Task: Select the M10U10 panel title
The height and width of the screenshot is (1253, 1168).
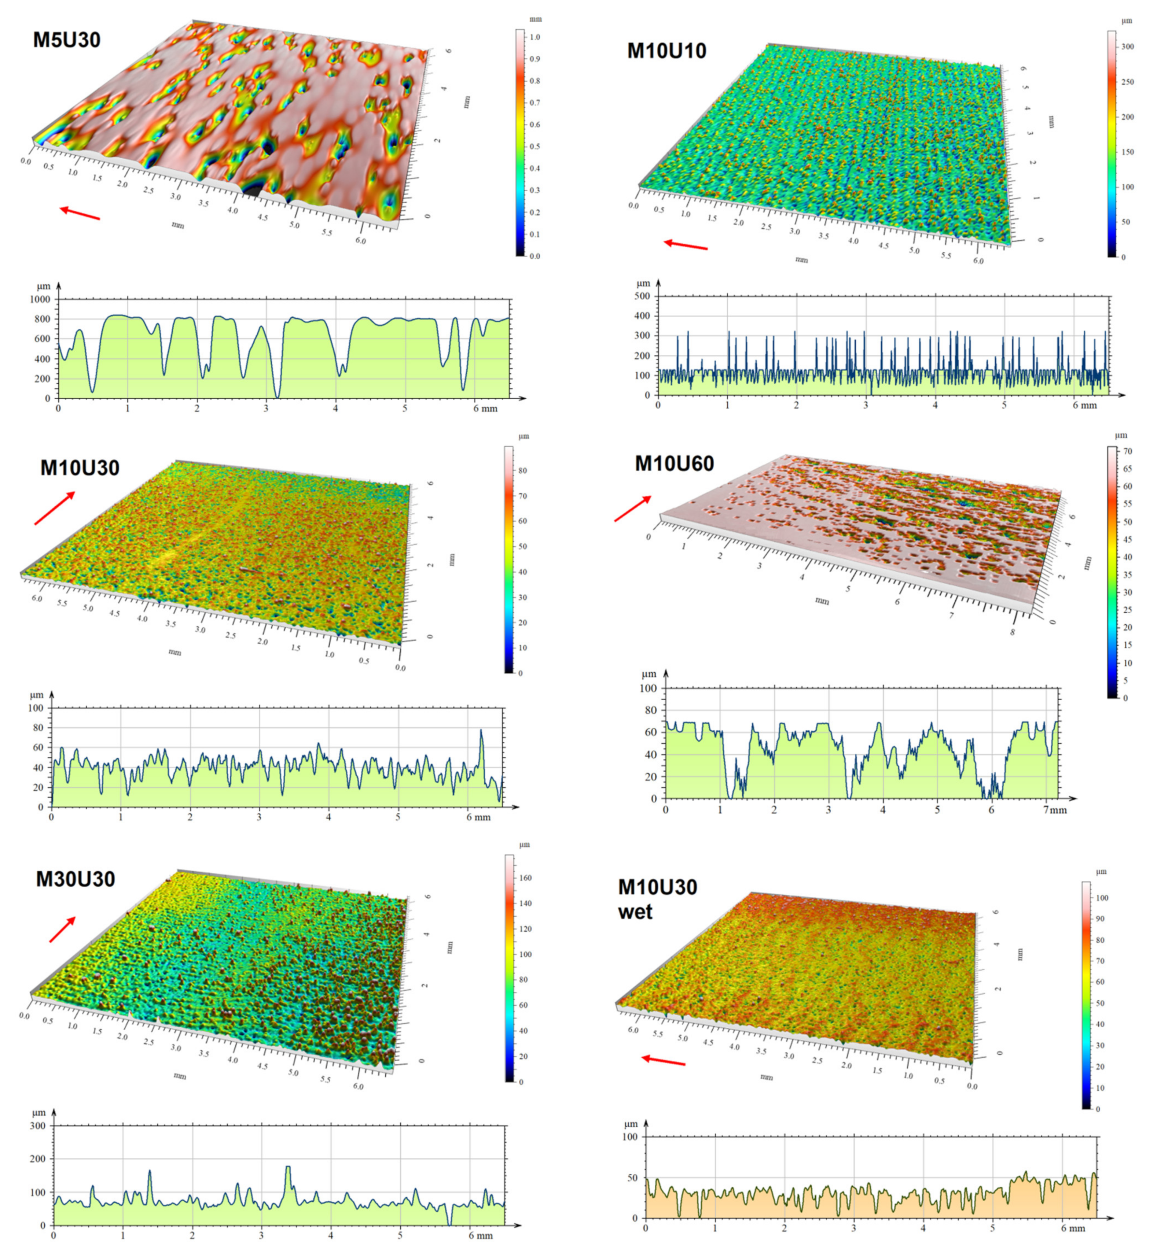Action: [x=666, y=51]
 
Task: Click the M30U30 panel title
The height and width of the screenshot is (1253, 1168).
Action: [x=75, y=879]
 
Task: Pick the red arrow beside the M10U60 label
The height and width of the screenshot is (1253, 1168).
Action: [x=632, y=509]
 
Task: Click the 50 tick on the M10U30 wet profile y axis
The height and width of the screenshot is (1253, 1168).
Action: [x=631, y=1178]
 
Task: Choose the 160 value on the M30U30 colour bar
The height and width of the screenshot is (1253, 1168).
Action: [x=525, y=877]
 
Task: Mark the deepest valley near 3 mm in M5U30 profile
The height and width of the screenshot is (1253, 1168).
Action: [x=276, y=396]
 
